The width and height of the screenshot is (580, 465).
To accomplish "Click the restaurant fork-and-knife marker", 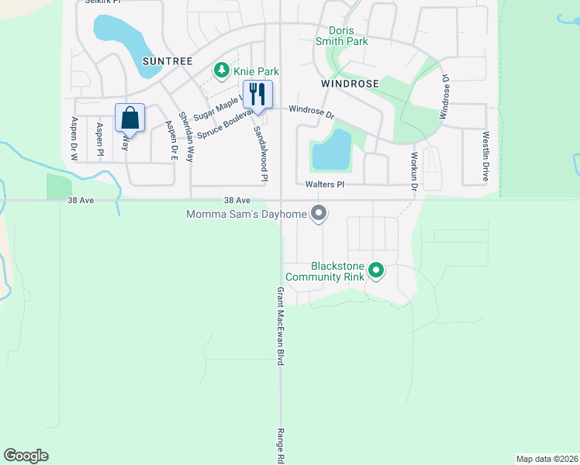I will click(x=255, y=95).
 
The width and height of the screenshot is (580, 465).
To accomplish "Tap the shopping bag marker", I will click(x=130, y=119).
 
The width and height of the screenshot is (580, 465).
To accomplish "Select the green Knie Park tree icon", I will click(x=222, y=71).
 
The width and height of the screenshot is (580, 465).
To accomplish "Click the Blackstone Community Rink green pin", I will click(x=376, y=270).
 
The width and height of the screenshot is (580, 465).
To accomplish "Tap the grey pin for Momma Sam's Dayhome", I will click(x=318, y=213).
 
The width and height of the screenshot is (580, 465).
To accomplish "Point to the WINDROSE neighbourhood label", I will click(x=350, y=83).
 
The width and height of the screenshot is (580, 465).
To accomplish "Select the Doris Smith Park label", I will click(x=342, y=35).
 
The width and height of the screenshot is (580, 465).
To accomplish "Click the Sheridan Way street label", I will click(x=186, y=136).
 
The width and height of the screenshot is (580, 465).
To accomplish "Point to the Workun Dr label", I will click(x=414, y=171).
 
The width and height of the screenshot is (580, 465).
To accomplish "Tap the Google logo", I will click(x=26, y=456).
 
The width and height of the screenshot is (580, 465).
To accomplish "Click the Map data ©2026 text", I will click(x=547, y=459).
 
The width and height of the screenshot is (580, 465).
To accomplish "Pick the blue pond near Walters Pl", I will click(x=332, y=150).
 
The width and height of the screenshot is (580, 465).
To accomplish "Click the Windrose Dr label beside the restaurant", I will click(x=311, y=112).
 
